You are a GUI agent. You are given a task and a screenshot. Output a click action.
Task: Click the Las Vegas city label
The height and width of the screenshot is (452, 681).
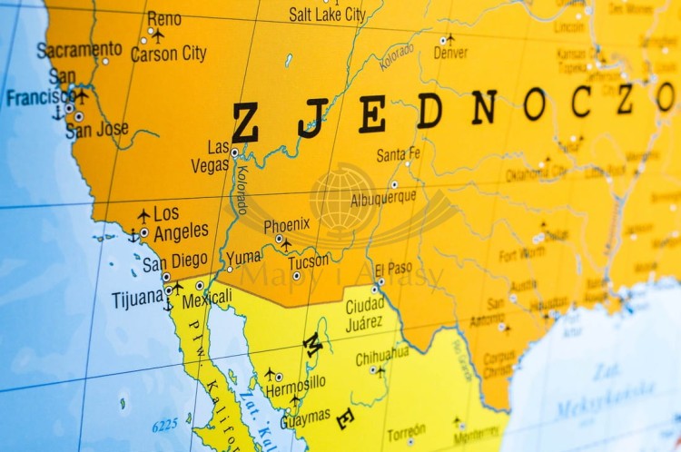click(212, 156)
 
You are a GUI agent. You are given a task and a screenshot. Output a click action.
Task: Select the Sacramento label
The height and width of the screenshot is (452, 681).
click(79, 49)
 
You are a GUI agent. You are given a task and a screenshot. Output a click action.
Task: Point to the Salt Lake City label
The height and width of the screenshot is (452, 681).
click(327, 14)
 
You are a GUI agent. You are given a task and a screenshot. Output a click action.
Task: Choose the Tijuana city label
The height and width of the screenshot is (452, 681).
click(137, 299)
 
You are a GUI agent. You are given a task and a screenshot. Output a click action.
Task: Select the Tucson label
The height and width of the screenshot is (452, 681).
click(309, 261)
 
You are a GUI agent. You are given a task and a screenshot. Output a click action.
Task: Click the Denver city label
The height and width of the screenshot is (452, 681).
click(450, 54)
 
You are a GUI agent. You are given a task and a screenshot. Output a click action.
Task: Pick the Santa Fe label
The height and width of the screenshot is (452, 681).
click(399, 154)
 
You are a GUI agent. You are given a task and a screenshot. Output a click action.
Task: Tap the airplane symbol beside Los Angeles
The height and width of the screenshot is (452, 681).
click(143, 215)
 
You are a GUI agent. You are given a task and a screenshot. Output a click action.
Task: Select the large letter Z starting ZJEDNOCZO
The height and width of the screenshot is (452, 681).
click(245, 123)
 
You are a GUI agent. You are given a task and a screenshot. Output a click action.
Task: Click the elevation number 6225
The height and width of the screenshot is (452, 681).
click(164, 424)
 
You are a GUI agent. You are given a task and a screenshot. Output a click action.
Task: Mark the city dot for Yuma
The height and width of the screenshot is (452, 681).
click(230, 269)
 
